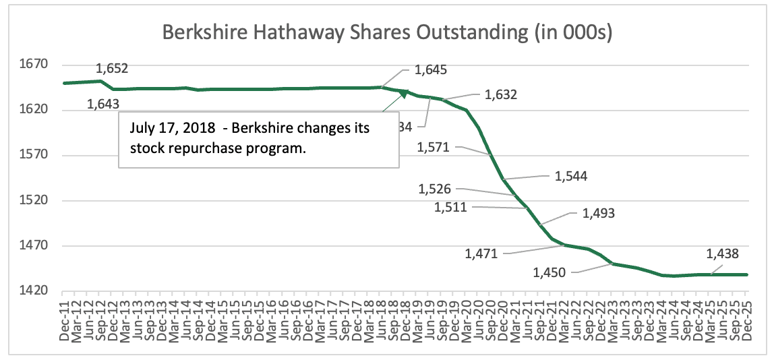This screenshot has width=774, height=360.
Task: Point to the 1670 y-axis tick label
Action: (37, 65)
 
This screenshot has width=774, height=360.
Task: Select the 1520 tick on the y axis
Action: (37, 201)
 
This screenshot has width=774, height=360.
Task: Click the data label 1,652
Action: (112, 68)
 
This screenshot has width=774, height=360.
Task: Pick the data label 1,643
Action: (102, 104)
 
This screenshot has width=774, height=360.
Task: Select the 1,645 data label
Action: (431, 69)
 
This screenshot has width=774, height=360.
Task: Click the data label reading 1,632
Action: (501, 95)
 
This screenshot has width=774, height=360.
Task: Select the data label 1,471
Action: (481, 254)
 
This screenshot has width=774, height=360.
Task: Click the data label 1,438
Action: (722, 254)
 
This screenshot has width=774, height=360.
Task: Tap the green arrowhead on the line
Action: (404, 93)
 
